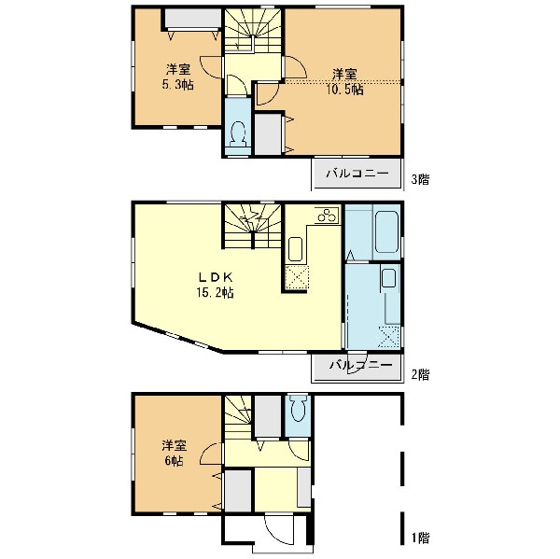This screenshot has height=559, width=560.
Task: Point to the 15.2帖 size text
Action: tap(214, 292)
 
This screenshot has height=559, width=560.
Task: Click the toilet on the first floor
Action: tap(299, 412)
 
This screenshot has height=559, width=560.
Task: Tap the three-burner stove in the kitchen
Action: tap(326, 216)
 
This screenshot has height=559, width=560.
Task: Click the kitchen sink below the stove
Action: tap(295, 249)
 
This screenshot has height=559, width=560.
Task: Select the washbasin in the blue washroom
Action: tap(388, 281)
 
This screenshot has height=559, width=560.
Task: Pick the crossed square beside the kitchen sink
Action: tap(296, 277)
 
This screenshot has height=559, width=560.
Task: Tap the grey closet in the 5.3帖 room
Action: tap(190, 19)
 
